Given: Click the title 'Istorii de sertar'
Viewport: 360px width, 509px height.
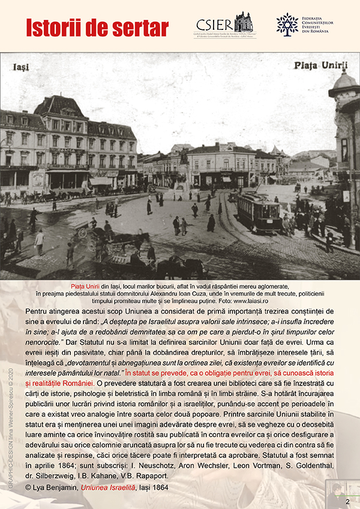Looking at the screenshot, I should (97, 27).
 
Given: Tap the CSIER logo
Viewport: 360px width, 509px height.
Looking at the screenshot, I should (223, 25).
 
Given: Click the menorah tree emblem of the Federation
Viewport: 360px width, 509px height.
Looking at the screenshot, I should (287, 24).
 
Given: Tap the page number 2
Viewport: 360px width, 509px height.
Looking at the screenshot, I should (347, 501).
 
